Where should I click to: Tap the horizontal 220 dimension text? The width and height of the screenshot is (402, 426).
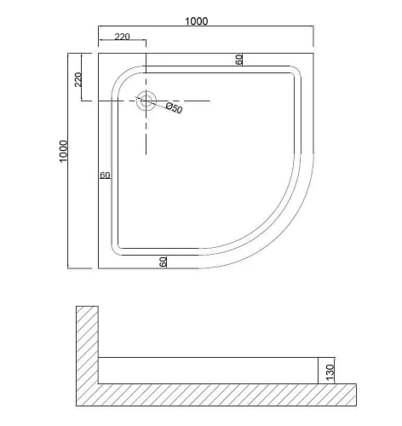coord(121,37)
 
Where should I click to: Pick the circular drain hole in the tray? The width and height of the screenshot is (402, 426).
coord(146,101)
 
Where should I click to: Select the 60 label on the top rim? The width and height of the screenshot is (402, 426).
coord(239,60)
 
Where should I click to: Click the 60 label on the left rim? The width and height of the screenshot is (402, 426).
coord(105,176)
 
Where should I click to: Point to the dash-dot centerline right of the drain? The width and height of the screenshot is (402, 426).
coord(192,101)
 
